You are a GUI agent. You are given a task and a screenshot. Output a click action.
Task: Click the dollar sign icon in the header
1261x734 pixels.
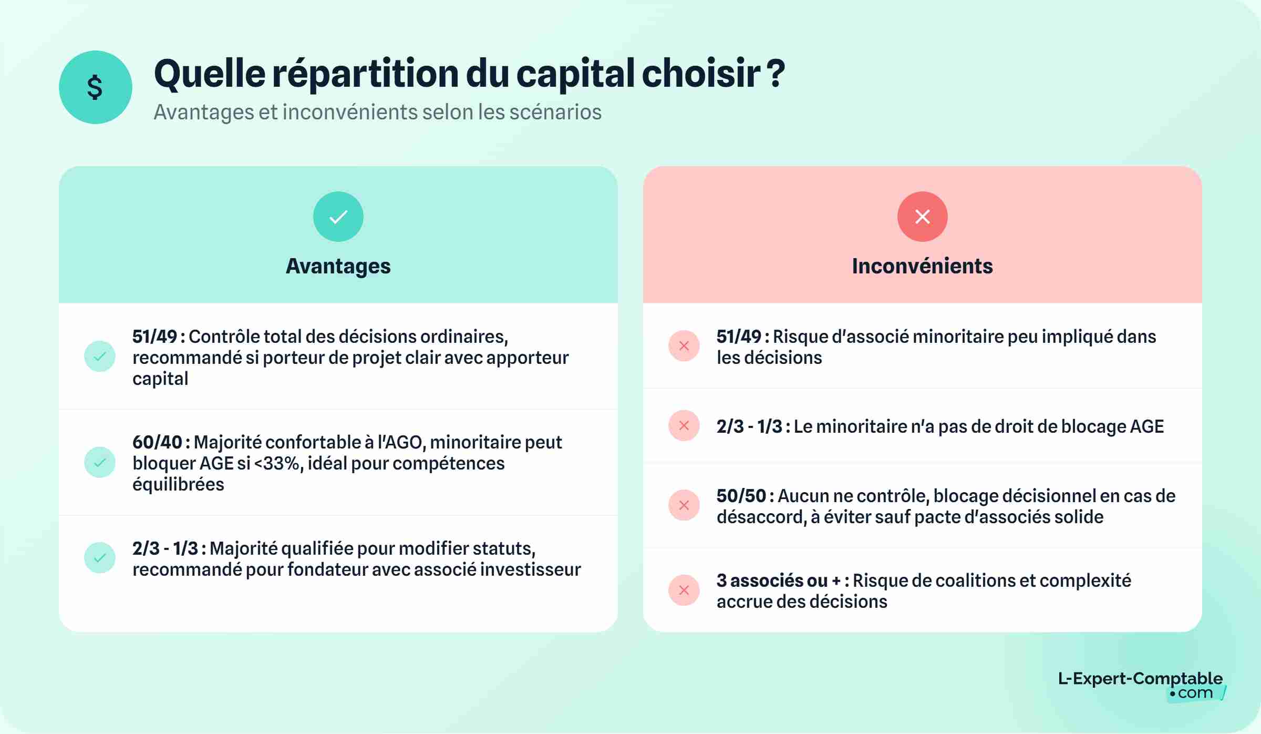click(95, 87)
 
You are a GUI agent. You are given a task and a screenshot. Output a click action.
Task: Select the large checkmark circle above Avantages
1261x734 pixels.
click(338, 217)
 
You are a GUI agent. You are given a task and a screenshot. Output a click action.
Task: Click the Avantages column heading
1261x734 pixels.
click(338, 266)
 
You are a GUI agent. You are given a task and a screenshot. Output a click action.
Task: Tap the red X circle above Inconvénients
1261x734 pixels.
click(922, 217)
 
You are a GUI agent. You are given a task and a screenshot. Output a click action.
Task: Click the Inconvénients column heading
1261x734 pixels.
click(922, 266)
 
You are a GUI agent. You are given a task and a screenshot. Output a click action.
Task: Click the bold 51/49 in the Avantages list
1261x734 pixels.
click(154, 337)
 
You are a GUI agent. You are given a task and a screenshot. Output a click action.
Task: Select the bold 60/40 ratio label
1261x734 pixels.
click(157, 442)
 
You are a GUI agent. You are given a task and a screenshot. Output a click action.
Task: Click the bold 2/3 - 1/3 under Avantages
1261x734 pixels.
click(165, 548)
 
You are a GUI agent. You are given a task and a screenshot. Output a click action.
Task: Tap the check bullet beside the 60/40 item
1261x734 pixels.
click(100, 462)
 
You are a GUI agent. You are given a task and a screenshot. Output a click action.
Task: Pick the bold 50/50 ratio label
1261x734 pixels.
click(741, 496)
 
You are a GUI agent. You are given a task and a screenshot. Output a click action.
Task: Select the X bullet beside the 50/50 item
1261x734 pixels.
click(684, 505)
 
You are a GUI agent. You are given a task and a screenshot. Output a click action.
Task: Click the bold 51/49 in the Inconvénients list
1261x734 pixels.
click(739, 337)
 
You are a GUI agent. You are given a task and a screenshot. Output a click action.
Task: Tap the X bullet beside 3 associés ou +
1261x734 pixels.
click(684, 590)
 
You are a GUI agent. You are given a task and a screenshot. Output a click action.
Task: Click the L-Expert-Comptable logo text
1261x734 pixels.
click(1140, 679)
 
